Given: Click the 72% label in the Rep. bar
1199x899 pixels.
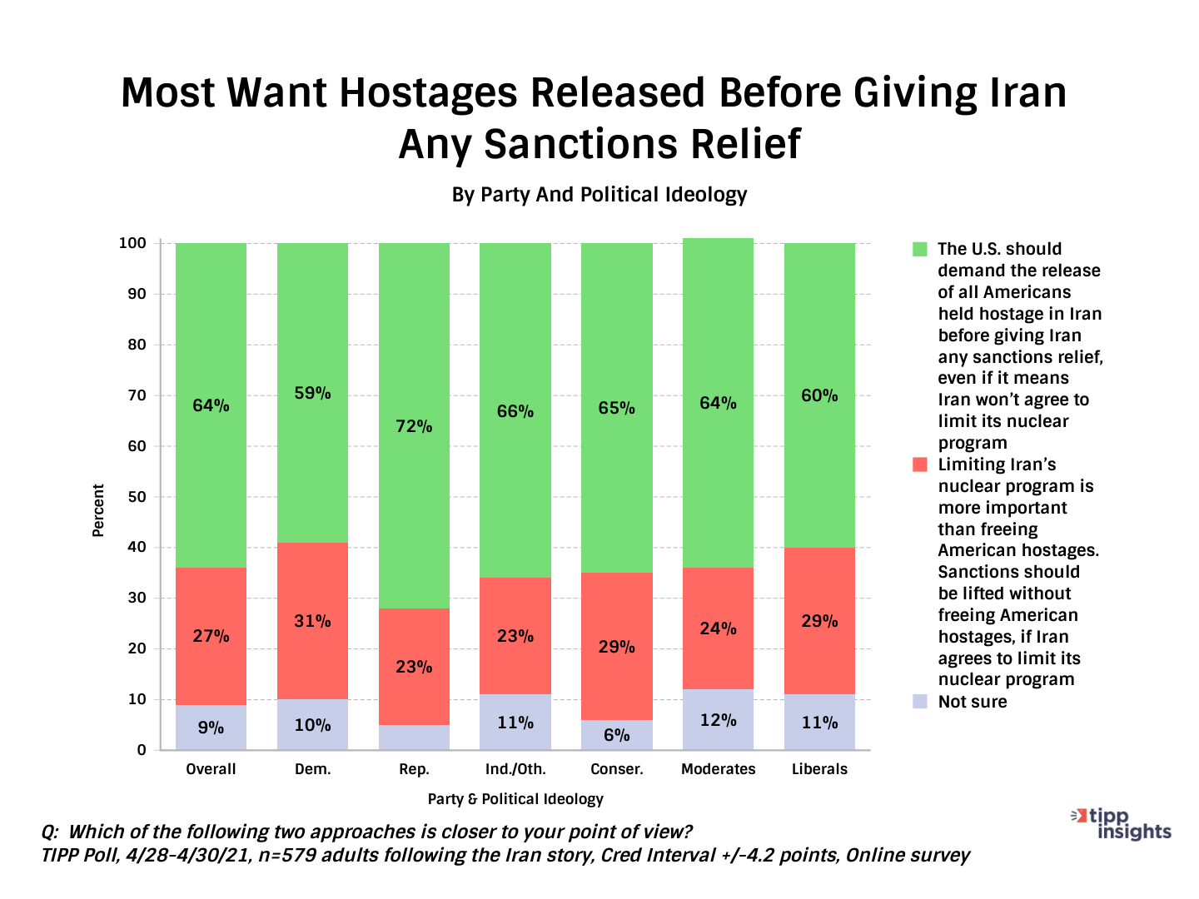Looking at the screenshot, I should (414, 426).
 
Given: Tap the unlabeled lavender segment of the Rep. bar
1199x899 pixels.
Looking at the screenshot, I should (414, 737).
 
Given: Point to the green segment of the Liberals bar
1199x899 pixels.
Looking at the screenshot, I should (819, 333).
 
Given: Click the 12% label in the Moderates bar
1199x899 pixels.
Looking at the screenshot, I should (718, 720).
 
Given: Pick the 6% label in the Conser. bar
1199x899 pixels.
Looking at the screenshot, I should (616, 735).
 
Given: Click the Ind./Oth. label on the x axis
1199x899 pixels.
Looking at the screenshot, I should (515, 769).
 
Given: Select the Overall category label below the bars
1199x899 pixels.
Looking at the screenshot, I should (211, 769).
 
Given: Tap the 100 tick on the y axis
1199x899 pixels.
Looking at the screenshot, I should (132, 243).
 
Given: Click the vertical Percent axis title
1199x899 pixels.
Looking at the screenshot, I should (98, 510).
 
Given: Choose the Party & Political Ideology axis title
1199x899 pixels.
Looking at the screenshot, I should (515, 799).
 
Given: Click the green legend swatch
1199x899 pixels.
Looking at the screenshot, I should (920, 249).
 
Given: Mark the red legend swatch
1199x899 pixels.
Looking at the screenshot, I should (920, 464).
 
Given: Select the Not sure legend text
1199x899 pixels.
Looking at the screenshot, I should (973, 702).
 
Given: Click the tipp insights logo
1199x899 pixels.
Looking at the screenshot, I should (1124, 823).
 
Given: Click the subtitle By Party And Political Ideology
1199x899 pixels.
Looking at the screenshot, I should (599, 195).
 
